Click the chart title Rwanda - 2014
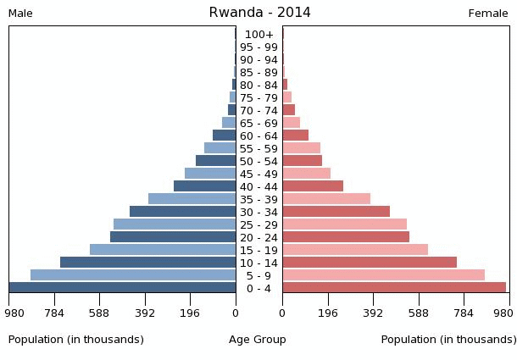coord(259,13)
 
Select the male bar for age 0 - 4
coord(123,288)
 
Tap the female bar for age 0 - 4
coord(394,288)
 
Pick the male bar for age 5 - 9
coord(133,275)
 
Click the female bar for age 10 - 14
coord(370,263)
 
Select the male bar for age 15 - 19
coord(163,250)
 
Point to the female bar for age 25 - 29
coord(344,224)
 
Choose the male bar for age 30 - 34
coord(182,212)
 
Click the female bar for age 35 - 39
coord(326,199)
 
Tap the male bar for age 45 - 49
coord(210,174)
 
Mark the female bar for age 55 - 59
coord(301,148)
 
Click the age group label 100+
coord(258,35)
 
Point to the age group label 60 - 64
coord(258,136)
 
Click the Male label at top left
coord(20,14)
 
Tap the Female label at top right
coord(488,14)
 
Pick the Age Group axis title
coord(258,340)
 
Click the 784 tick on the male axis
coord(54,313)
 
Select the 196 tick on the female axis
coord(328,313)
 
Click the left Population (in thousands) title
coord(76,340)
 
